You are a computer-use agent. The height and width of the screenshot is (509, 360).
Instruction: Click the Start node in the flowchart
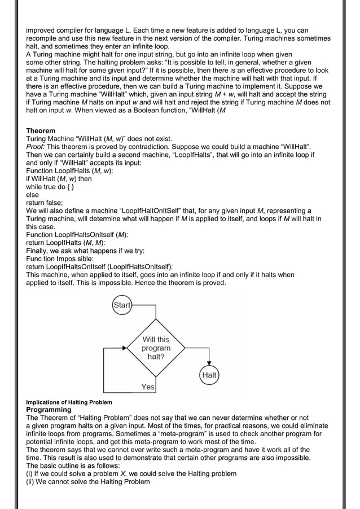point(122,305)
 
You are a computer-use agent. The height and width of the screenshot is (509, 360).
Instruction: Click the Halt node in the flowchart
point(209,375)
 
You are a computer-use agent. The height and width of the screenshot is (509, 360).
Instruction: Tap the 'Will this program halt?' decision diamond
point(155,348)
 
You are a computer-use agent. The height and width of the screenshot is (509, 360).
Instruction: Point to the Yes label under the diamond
point(148,387)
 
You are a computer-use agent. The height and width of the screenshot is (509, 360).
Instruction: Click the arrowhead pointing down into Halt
point(209,365)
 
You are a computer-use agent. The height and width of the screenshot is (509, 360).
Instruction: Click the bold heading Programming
point(49,409)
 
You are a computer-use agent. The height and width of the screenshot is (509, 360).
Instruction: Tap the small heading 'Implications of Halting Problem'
point(69,402)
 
